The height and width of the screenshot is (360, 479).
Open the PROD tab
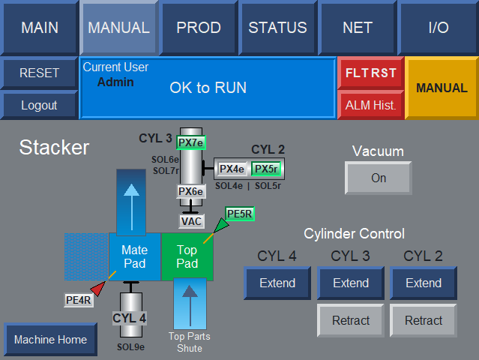pos(199,28)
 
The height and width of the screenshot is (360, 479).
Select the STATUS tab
pos(277,28)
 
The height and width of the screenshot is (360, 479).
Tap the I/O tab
pos(439,28)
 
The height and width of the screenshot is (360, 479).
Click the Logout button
pos(39,105)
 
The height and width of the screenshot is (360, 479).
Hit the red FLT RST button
pos(371,73)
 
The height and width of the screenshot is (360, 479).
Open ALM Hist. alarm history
pos(371,105)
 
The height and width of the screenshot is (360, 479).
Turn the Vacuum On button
pos(379,178)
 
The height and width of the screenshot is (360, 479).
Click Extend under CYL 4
pos(277,283)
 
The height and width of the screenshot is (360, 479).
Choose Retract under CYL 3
pos(351,320)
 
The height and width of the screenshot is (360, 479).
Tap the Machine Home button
pos(51,340)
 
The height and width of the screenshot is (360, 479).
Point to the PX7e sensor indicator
pos(191,142)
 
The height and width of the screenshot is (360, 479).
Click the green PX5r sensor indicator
pos(266,169)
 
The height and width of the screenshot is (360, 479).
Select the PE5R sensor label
pos(240,214)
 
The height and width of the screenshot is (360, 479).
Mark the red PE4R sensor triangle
pos(98,288)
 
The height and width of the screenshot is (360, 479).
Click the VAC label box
pos(191,221)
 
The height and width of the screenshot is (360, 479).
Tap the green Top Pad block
pos(187,256)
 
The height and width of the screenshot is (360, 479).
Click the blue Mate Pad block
pos(135,256)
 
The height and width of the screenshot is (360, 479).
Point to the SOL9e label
pos(130,347)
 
